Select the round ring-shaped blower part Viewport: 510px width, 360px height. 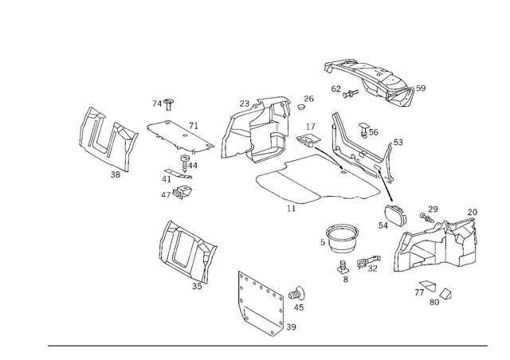341,237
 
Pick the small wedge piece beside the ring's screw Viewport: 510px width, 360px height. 368,263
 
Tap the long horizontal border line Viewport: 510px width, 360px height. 267,346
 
